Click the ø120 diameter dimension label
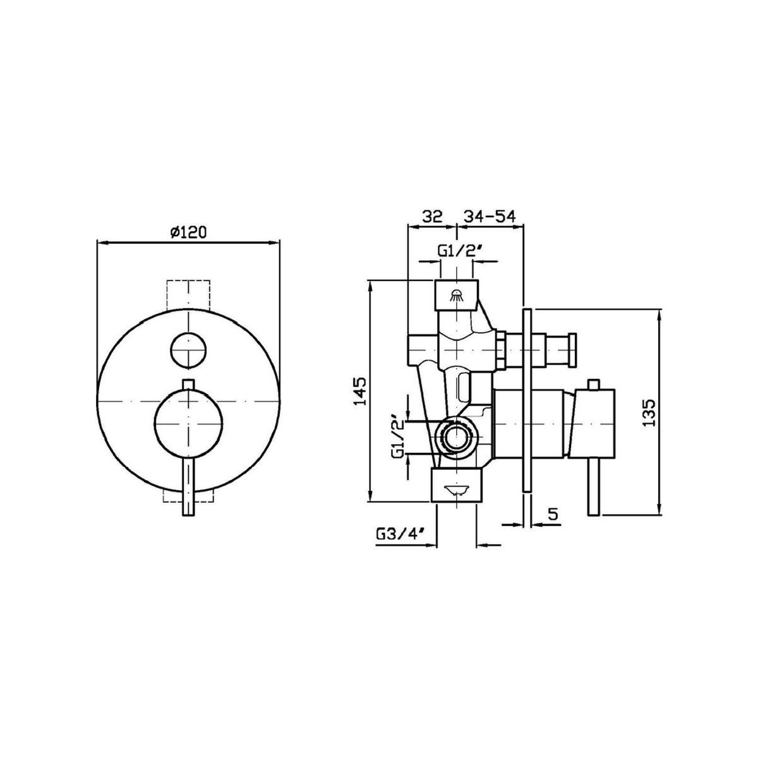[x=188, y=233]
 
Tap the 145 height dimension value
[x=360, y=391]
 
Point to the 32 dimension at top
[x=432, y=217]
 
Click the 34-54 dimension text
[x=488, y=217]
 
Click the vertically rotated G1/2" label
[x=399, y=436]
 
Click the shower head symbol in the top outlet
[x=456, y=294]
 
